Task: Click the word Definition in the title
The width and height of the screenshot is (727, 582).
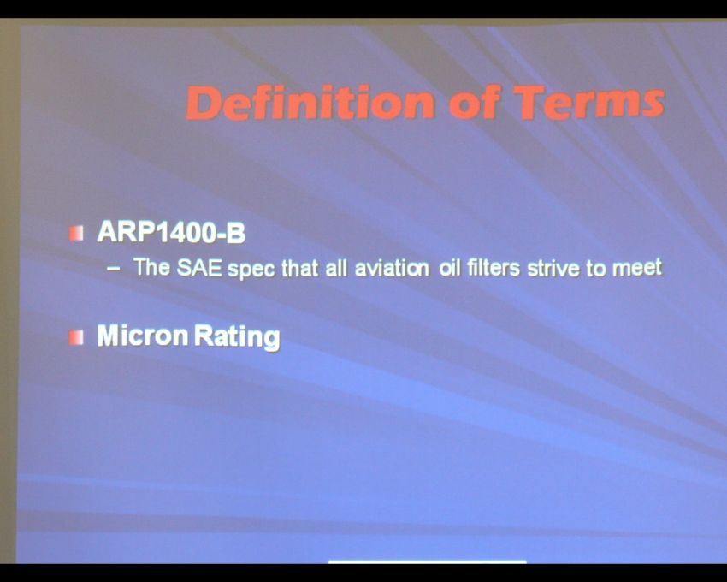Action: (310, 102)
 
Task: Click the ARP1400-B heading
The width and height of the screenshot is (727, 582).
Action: (171, 232)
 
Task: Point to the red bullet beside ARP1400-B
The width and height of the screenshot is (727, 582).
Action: (76, 233)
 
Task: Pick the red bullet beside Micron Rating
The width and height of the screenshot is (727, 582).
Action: (76, 337)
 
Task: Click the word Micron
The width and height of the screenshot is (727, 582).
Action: (143, 336)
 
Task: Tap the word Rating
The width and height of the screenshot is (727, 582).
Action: (237, 337)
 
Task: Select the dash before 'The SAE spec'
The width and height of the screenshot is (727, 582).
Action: (114, 269)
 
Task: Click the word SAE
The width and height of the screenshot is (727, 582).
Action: (199, 268)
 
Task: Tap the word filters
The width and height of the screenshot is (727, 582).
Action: (494, 268)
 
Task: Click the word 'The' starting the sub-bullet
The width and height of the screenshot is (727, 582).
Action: (151, 267)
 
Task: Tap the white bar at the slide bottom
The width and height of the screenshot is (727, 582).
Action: (428, 562)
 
